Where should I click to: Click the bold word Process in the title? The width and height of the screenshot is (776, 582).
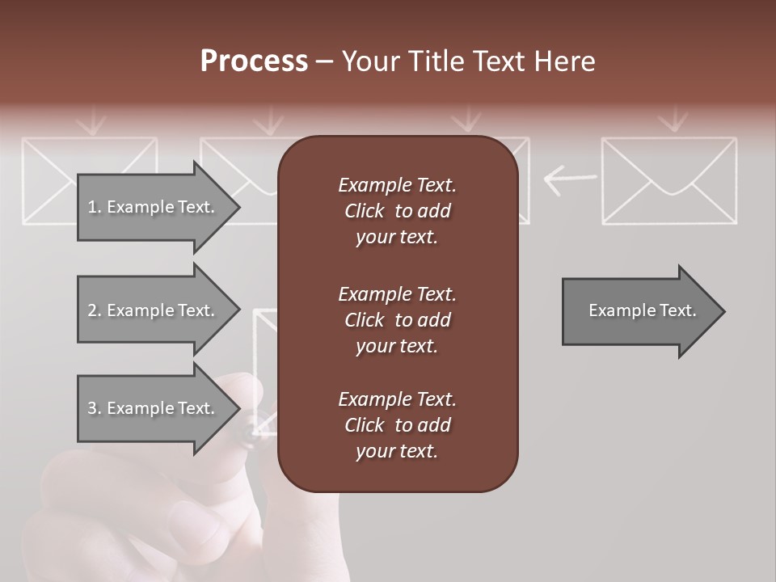(254, 61)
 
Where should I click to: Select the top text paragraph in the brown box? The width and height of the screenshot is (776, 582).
(397, 211)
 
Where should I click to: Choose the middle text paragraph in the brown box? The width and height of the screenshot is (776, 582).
(397, 320)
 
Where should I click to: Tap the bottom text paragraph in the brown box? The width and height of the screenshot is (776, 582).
(397, 425)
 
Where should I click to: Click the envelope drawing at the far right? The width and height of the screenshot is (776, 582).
(669, 180)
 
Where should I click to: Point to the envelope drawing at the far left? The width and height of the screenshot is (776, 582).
(48, 179)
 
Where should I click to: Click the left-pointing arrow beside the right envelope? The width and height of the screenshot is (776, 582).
(570, 179)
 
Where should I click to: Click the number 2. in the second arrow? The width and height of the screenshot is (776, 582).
(95, 310)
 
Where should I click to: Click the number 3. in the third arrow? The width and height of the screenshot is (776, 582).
(95, 408)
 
